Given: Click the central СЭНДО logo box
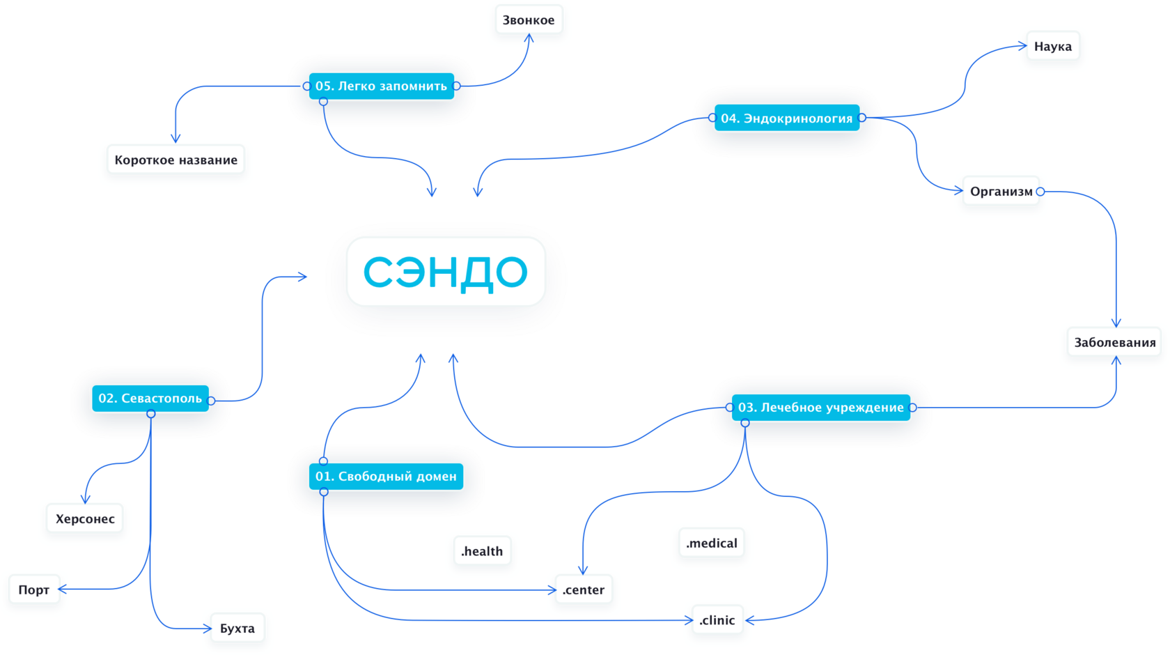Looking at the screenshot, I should coord(446,272).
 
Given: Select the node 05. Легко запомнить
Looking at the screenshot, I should coord(381,86).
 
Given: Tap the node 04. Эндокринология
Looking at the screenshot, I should coord(786,118).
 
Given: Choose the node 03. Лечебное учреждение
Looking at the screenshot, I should coord(820,408).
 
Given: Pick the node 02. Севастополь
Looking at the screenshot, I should coord(150,399).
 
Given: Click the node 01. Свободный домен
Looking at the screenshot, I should coord(386,477).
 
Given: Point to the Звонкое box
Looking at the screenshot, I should coord(529,21).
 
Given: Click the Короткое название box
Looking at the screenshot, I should coord(175,160).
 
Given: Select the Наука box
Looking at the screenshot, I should coord(1052,47).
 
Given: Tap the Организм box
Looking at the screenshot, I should coord(1001,192).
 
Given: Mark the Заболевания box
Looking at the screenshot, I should coord(1114,343).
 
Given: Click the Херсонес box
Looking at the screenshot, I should coord(85,519).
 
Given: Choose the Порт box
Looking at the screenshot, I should coord(33,590).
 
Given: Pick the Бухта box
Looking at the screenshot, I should coord(237,629).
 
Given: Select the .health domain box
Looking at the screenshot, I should coord(482,552).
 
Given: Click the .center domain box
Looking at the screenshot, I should coord(584,590).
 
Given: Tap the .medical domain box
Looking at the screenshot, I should coord(711,544).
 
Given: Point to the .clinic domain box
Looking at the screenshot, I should coord(717,620).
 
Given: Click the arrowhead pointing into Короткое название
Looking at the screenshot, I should coord(175,138).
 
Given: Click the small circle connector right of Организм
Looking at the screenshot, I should coord(1040,192).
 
